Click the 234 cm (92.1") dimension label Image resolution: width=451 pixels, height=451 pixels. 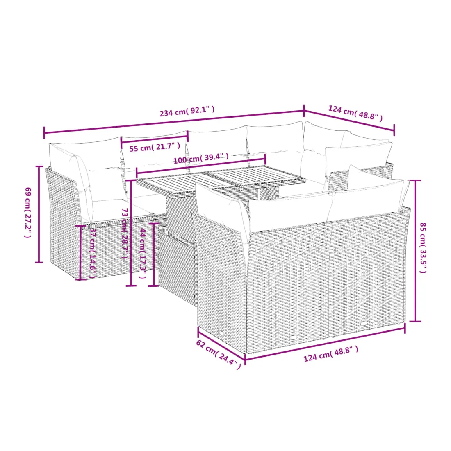coord(187,111)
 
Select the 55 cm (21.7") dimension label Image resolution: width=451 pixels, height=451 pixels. coord(155,147)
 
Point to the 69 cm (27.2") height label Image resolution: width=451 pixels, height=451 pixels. coord(27,212)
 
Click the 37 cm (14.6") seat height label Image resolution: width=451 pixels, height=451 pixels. coord(92,253)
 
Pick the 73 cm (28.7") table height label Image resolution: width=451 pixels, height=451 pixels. coord(125,233)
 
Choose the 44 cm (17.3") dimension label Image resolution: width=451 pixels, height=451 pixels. coord(143,253)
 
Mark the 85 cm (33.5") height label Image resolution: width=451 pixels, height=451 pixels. coord(423,248)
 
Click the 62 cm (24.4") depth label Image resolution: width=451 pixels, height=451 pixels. coord(219,354)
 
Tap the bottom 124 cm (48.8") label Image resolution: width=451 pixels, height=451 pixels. coord(331,354)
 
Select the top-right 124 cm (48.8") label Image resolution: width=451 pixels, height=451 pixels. coord(355,113)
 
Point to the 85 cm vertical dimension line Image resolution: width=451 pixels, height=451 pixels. coord(415,251)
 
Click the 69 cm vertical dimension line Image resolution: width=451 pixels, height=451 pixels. coord(39,214)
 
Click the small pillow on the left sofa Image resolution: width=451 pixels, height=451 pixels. coord(107,184)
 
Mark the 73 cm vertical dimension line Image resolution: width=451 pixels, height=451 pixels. coord(131,233)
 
